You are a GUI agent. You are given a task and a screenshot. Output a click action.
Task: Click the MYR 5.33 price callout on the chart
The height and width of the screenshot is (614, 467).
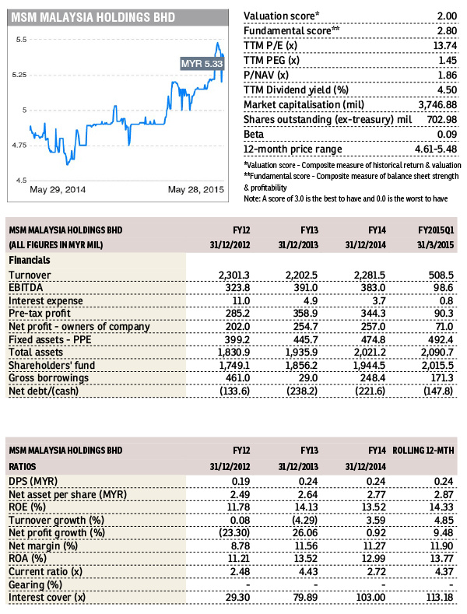point(202,64)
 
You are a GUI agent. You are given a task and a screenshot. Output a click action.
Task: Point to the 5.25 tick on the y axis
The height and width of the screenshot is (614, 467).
point(19,75)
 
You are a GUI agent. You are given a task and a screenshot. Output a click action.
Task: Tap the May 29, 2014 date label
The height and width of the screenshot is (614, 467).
point(58,190)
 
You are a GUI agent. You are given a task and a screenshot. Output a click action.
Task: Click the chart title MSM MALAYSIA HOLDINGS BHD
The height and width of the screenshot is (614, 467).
point(93,18)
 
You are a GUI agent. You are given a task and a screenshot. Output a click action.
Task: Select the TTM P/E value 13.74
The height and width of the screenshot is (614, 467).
point(444,46)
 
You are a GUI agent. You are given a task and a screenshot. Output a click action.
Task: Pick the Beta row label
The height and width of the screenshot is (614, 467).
point(254,135)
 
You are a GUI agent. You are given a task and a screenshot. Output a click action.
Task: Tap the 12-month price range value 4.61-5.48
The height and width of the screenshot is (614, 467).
point(436,149)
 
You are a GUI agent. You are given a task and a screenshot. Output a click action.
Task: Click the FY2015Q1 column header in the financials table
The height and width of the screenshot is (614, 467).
point(436,230)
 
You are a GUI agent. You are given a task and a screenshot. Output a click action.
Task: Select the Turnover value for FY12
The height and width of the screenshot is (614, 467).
point(234,275)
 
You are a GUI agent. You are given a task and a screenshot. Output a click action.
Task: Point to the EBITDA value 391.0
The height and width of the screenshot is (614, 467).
point(306,288)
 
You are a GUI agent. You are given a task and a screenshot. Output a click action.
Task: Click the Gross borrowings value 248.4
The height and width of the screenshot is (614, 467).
point(373,378)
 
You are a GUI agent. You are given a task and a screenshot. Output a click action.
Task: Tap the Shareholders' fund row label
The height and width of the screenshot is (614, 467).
point(51,365)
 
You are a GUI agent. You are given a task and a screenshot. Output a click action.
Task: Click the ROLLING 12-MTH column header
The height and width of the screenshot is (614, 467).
point(423,451)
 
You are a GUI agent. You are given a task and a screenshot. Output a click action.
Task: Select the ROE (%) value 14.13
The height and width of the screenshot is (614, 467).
point(307,507)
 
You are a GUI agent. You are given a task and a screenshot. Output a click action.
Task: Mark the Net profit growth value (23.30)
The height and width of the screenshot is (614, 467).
point(235,533)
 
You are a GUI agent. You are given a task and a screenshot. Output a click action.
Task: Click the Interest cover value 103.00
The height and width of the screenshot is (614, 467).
point(371,598)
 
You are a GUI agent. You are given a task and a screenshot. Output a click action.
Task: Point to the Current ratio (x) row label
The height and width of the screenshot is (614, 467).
point(45,572)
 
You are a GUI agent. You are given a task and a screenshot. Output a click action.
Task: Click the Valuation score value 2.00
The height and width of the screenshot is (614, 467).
point(447,16)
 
